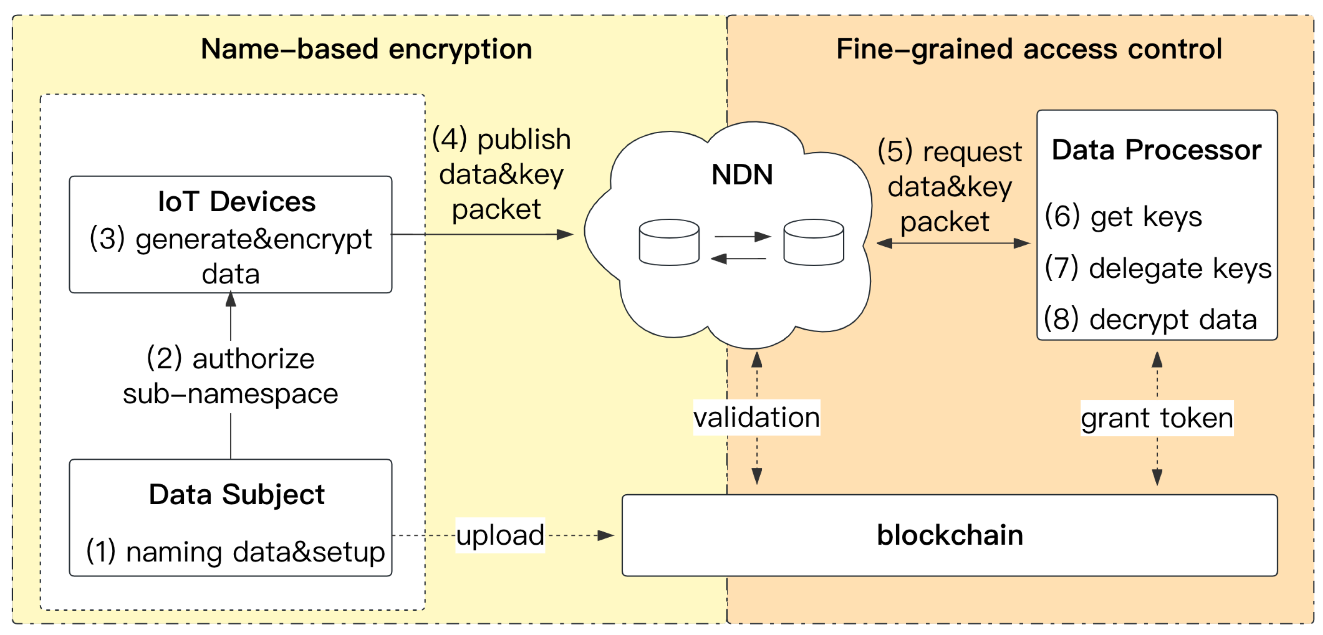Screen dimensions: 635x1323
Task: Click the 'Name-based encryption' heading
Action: [366, 49]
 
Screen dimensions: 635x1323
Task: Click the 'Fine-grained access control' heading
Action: [1029, 49]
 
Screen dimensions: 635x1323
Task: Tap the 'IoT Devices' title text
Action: [237, 201]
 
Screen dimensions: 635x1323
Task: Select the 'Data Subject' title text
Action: [237, 494]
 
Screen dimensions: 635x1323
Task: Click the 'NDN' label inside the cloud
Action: [742, 175]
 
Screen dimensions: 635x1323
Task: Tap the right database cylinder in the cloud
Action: [813, 242]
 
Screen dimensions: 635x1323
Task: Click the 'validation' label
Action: [756, 417]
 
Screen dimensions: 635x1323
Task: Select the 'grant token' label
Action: [1157, 418]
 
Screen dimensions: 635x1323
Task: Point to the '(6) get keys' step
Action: [1123, 216]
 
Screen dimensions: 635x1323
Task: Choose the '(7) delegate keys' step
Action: [1158, 268]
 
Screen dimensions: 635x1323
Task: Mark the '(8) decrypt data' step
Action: [1150, 319]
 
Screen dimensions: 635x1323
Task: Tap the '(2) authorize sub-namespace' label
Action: [230, 376]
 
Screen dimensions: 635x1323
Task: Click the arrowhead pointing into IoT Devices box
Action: [230, 298]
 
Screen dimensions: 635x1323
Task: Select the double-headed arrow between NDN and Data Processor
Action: [953, 243]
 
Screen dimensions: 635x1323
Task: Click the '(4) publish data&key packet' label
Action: [501, 175]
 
